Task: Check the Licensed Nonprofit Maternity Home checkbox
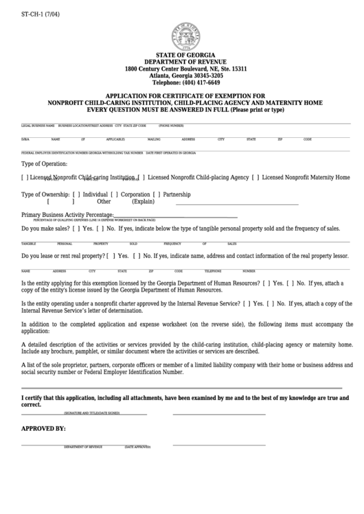point(255,178)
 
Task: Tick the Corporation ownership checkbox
point(115,194)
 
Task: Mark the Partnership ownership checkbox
point(157,194)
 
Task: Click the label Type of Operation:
point(45,164)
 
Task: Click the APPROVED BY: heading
point(44,429)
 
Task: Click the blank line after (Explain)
point(237,202)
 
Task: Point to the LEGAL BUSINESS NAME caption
point(38,126)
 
